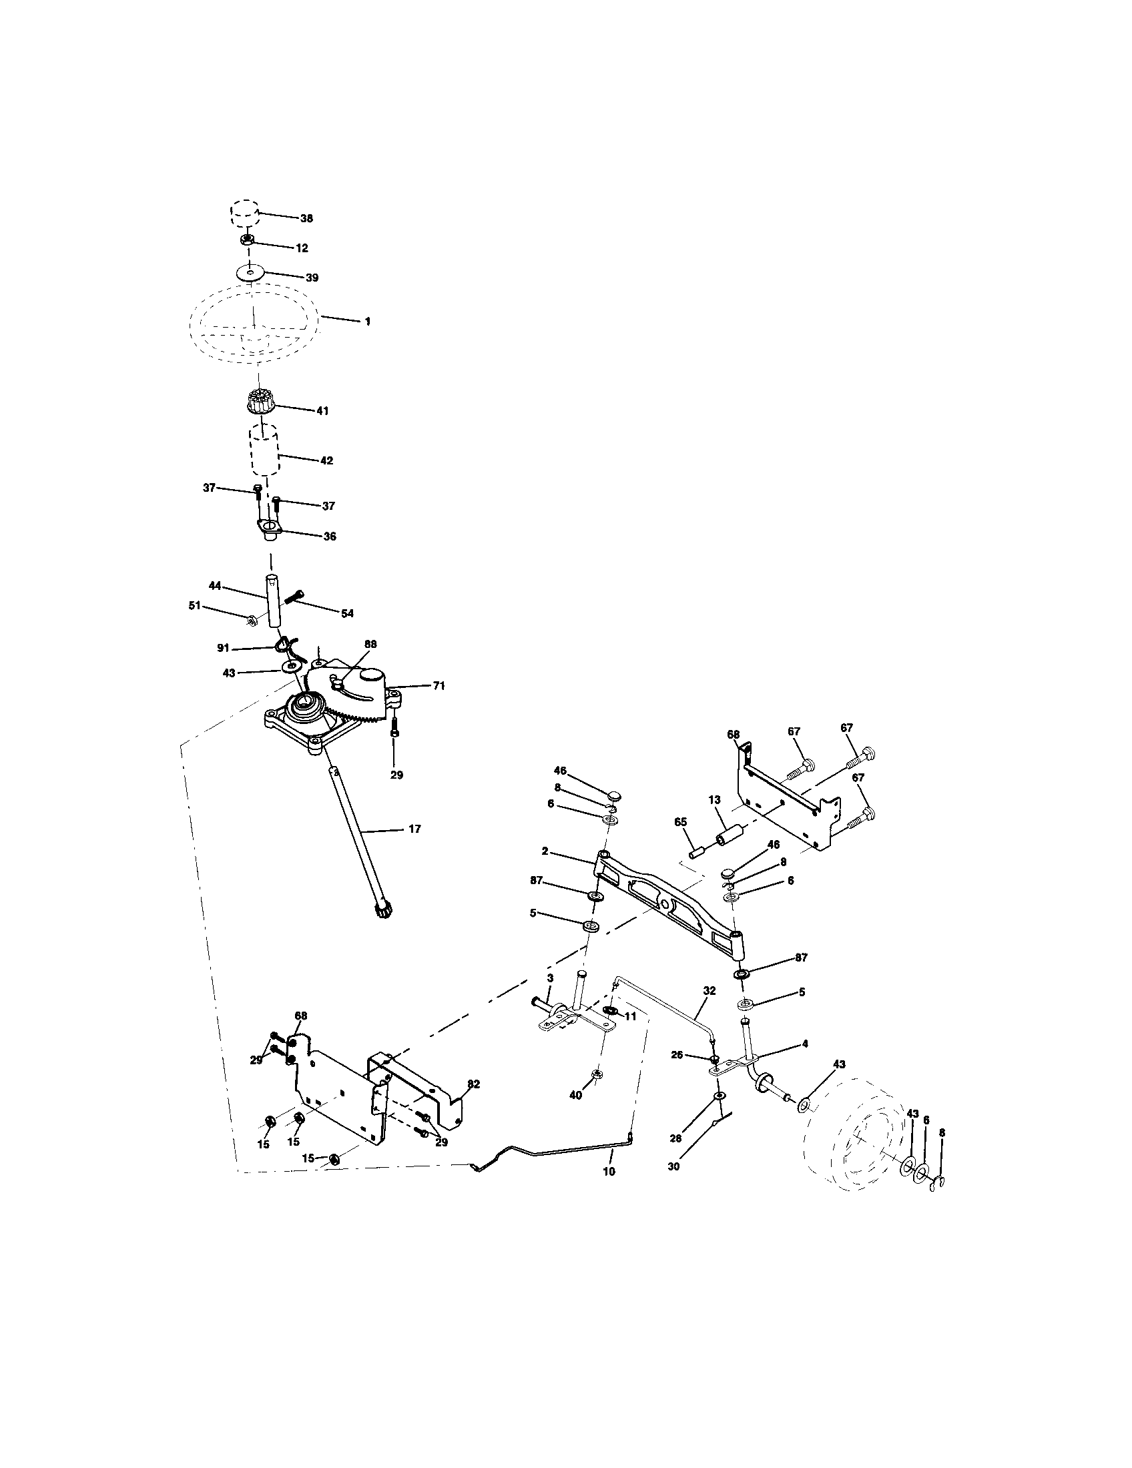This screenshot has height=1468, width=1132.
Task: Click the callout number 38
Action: pyautogui.click(x=306, y=218)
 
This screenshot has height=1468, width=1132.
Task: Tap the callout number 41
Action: pyautogui.click(x=322, y=410)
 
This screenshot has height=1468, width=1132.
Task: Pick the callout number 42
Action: pyautogui.click(x=326, y=461)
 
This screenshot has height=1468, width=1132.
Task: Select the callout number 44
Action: pyautogui.click(x=215, y=586)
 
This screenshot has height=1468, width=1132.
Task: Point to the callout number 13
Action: pyautogui.click(x=714, y=800)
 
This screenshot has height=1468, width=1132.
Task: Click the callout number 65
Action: pyautogui.click(x=681, y=822)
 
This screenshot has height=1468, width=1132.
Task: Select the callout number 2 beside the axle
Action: pyautogui.click(x=545, y=851)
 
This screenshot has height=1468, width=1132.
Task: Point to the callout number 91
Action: pyautogui.click(x=223, y=648)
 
